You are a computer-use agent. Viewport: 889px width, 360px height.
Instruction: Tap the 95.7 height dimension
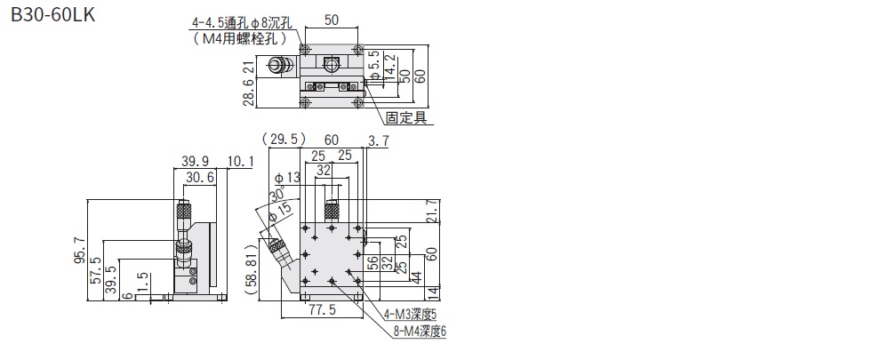(x=80, y=252)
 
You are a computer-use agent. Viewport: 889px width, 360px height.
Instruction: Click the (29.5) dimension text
(x=284, y=139)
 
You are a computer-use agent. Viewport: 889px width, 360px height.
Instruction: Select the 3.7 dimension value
(x=378, y=139)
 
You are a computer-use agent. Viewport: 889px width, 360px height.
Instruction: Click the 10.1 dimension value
(x=241, y=160)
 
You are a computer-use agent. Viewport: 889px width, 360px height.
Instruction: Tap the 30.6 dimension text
(x=199, y=178)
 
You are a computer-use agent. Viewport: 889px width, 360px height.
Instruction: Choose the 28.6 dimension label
(x=250, y=90)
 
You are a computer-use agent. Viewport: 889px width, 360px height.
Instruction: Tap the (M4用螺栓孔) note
(x=240, y=39)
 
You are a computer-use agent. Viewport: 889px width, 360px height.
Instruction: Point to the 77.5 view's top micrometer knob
(x=332, y=211)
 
